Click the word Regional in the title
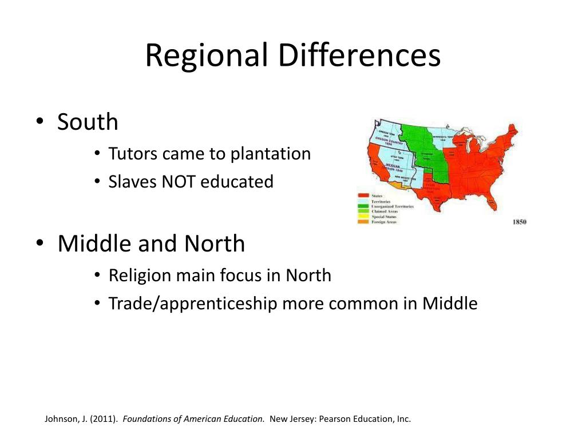(207, 56)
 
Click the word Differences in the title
(360, 56)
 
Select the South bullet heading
(88, 122)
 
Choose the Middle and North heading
(151, 244)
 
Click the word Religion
(140, 276)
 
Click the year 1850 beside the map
(519, 222)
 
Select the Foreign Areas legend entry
(384, 222)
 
